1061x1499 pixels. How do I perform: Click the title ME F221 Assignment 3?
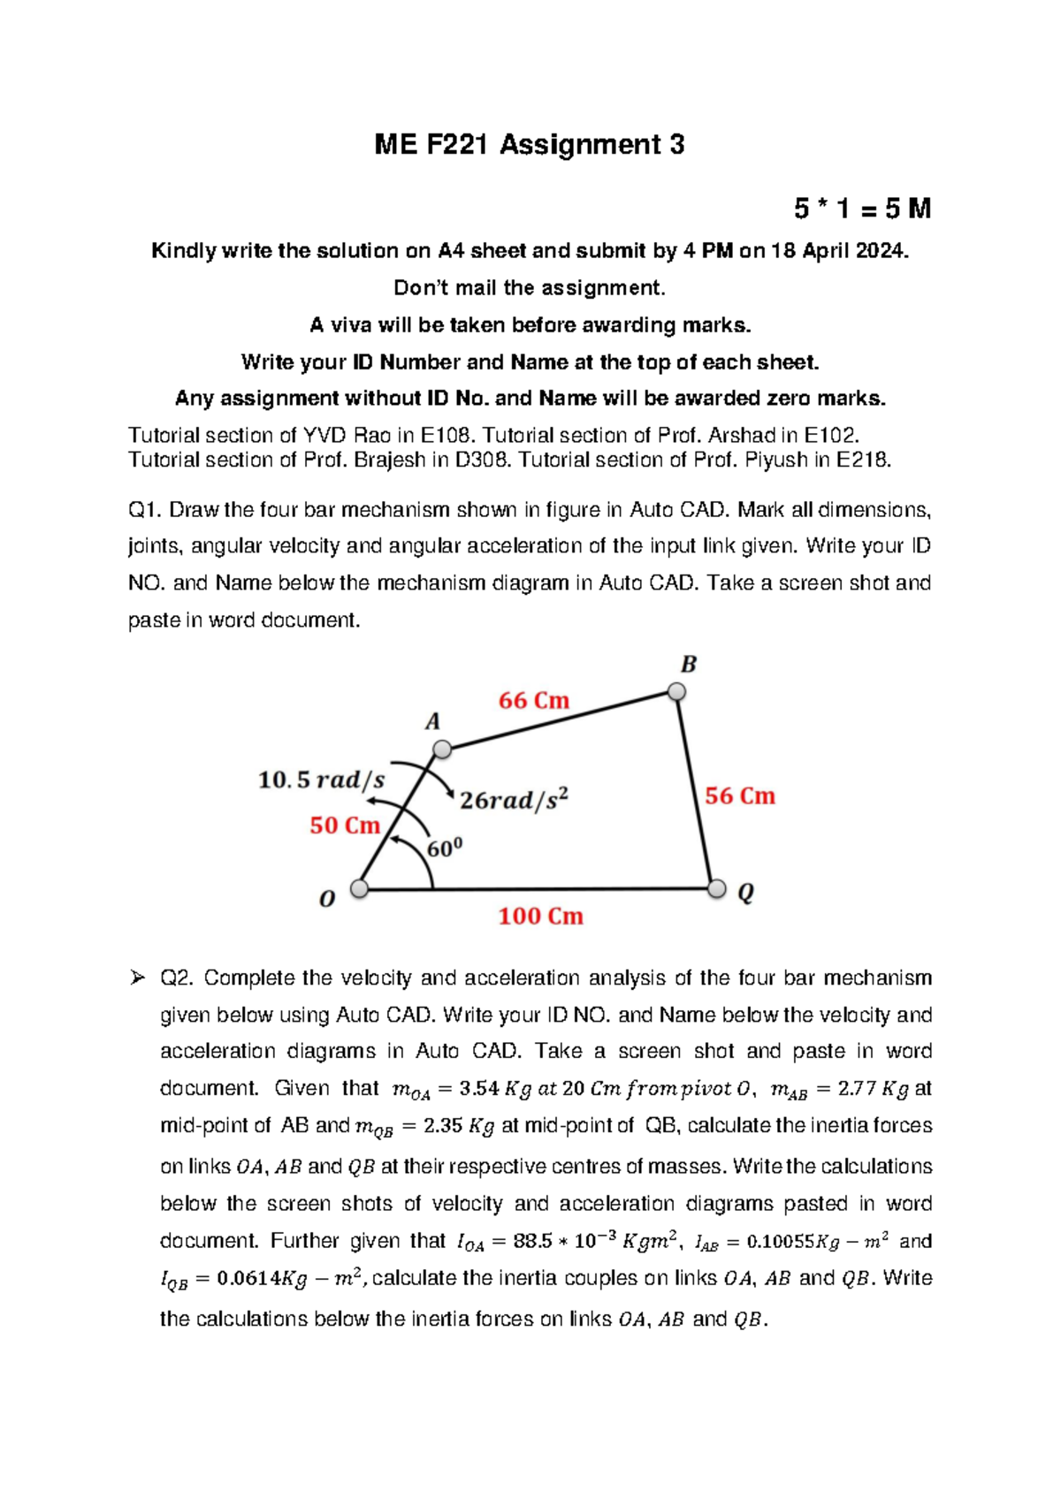529,145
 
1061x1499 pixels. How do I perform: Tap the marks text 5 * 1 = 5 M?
862,209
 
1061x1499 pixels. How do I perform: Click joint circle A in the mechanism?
442,750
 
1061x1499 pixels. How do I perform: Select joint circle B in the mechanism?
676,691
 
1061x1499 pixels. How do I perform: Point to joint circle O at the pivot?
359,888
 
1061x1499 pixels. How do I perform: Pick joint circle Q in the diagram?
717,888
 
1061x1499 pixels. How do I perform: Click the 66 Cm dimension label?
534,701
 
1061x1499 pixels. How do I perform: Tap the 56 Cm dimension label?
740,796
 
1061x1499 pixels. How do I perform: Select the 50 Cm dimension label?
345,826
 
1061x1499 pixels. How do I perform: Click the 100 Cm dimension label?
540,917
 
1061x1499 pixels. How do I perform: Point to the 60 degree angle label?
445,848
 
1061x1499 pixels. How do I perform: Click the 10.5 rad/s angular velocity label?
321,780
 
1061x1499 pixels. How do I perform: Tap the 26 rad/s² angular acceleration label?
514,800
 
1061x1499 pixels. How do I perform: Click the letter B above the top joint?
689,665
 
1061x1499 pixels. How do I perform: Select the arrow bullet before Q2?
137,978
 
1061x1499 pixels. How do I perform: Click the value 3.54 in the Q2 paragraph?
480,1089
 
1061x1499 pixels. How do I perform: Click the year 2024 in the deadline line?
881,251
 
